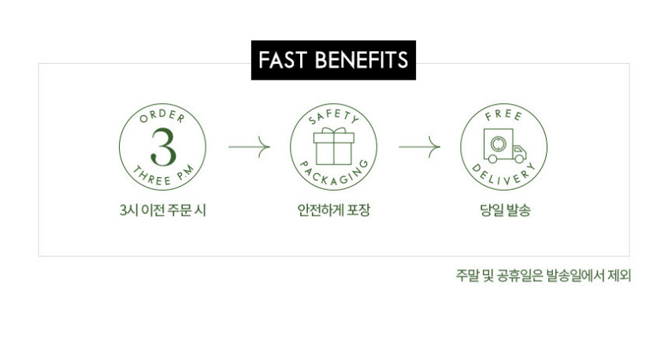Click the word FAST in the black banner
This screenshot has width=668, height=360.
point(282,60)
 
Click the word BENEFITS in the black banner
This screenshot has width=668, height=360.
point(362,60)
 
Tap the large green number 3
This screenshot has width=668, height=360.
point(163,147)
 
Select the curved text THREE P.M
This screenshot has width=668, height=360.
point(164,176)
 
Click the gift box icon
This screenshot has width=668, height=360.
point(333,147)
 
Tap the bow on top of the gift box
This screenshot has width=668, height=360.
point(333,130)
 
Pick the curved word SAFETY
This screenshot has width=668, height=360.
point(334,117)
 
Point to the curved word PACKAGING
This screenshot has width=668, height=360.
point(334,175)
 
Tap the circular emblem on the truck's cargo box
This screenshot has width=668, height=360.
point(498,144)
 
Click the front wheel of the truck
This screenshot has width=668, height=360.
point(519,159)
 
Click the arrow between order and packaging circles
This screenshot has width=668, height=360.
point(249,147)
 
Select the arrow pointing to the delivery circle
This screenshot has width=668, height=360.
point(420,147)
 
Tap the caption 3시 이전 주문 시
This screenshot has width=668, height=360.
point(163,210)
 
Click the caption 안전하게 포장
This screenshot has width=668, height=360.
point(333,210)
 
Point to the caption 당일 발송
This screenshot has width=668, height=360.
point(505,210)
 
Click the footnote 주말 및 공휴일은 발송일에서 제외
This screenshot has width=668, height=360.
point(544,276)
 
